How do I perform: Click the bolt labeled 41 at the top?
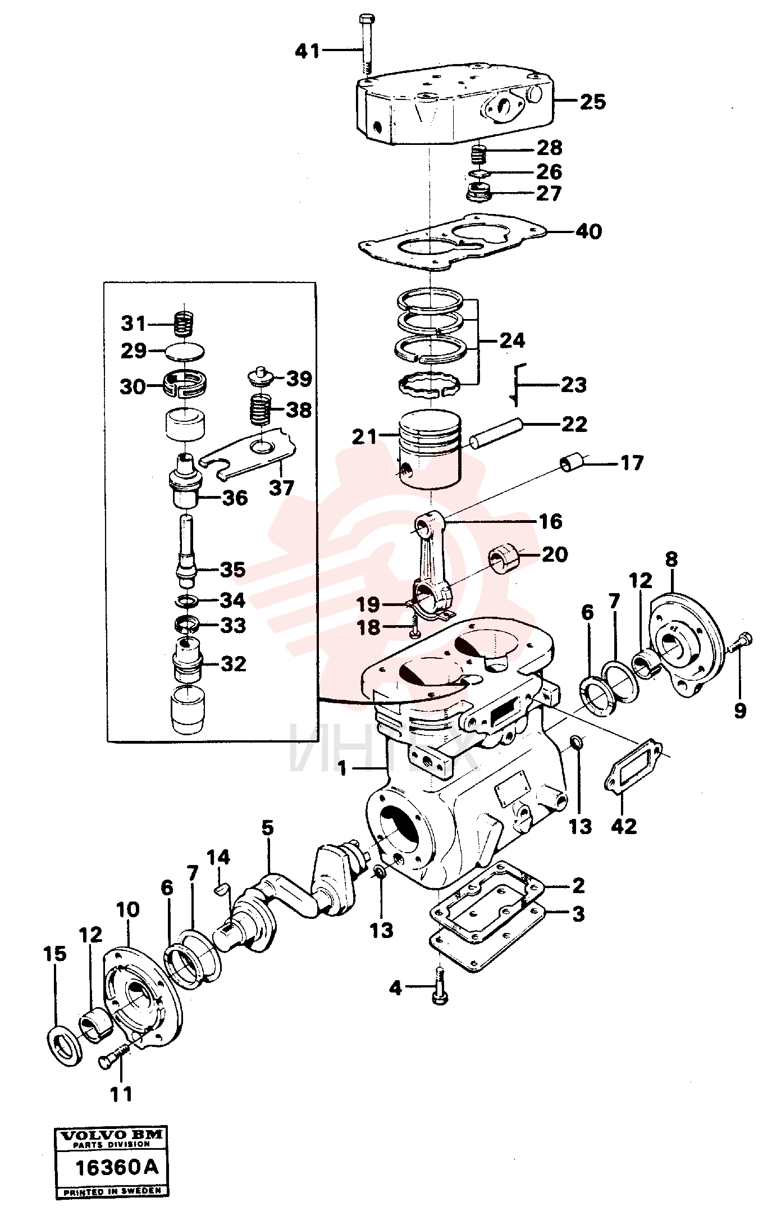pos(366,44)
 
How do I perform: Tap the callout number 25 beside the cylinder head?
pos(593,102)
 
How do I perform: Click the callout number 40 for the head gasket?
pos(588,231)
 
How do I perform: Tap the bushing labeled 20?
pos(506,558)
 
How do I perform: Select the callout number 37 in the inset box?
pos(281,487)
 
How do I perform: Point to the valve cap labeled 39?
pos(261,377)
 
